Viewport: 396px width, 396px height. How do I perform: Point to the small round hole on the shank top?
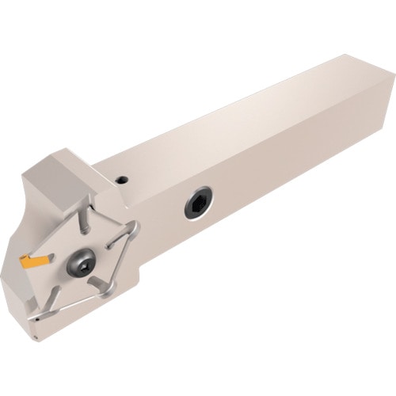coord(122,181)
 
